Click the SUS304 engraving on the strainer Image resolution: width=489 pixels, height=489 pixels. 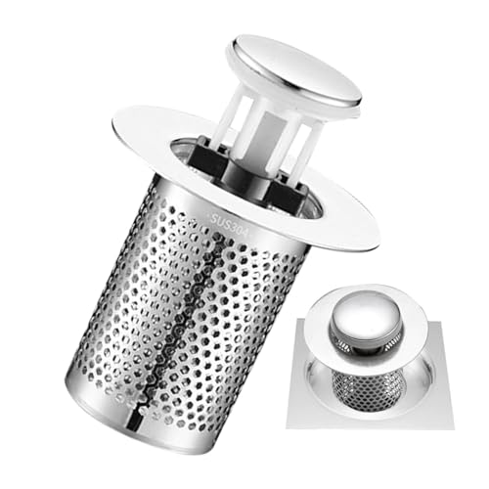click(x=229, y=225)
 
